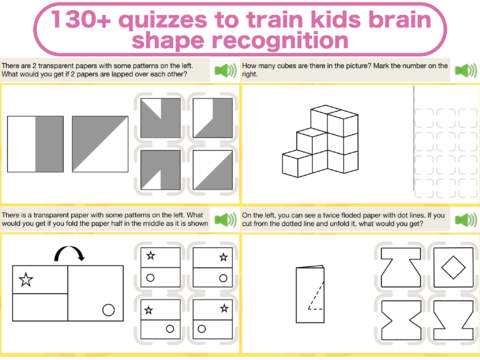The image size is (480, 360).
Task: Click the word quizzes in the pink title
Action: (x=164, y=20)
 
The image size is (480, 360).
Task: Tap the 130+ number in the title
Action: (x=81, y=19)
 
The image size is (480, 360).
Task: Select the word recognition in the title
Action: (x=280, y=41)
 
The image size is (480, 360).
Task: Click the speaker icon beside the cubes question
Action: (x=466, y=70)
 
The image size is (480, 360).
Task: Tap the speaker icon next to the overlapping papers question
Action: (x=226, y=70)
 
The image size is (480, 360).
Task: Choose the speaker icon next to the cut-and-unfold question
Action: (x=466, y=220)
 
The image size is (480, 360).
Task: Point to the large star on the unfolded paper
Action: (x=26, y=280)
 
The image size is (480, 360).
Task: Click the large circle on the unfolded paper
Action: (x=108, y=310)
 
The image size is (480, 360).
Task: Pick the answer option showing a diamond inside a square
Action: (x=453, y=267)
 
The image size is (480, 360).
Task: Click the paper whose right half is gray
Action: (x=35, y=144)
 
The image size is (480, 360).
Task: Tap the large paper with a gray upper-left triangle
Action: (x=100, y=144)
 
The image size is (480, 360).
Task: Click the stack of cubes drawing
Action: (x=320, y=141)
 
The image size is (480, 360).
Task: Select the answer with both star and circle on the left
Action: (x=160, y=267)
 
